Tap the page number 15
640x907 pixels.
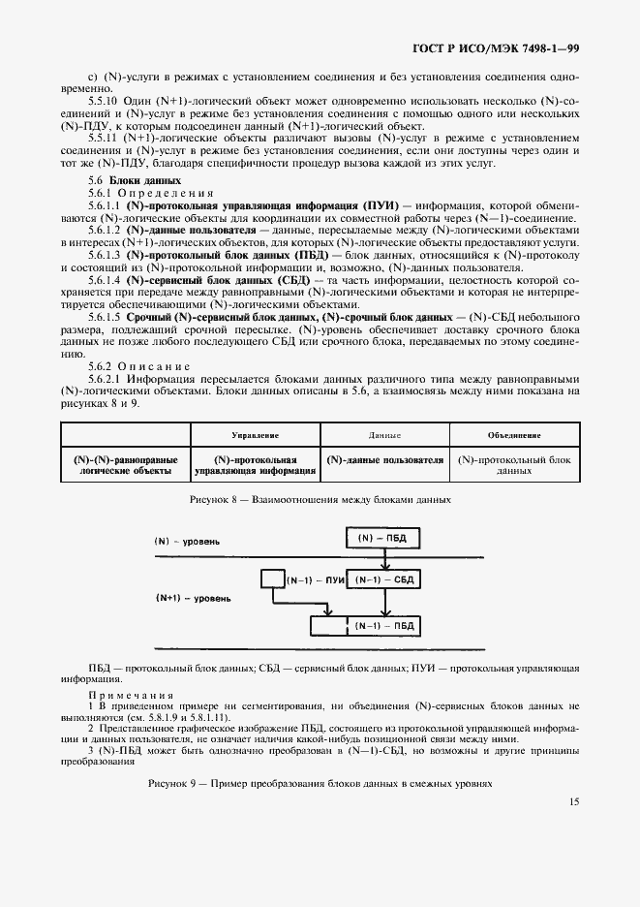coord(574,801)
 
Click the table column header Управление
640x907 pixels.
coord(256,436)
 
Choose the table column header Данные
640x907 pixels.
coord(384,436)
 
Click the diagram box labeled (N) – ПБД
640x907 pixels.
coord(381,537)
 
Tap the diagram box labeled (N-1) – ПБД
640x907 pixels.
coord(384,626)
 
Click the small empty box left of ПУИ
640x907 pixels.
coord(269,579)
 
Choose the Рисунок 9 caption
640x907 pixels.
coord(320,782)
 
